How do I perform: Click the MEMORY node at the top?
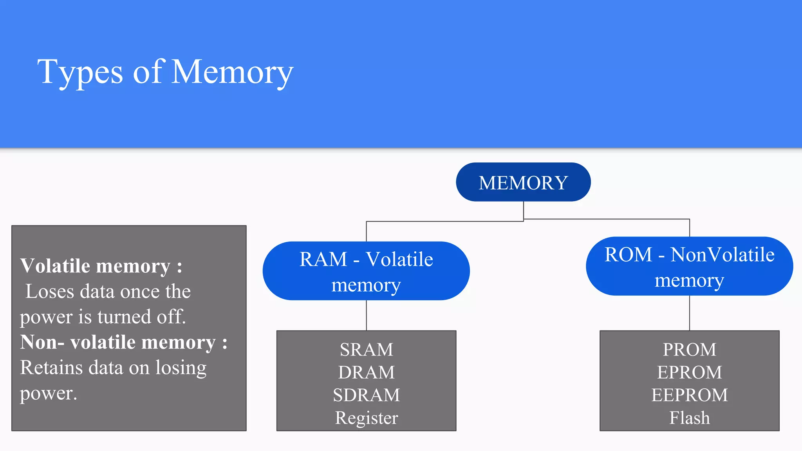[523, 182]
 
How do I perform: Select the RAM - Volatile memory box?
[366, 271]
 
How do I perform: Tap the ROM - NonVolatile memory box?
[689, 266]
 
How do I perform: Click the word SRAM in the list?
[366, 350]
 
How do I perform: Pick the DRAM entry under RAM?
[366, 372]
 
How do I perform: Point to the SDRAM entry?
[366, 395]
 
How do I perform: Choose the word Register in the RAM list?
[366, 418]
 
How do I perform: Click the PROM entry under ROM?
[689, 350]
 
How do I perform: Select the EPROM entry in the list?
[689, 372]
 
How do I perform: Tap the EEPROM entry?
[689, 395]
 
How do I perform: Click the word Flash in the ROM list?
[689, 418]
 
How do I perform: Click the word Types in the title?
[80, 73]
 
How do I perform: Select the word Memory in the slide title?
[232, 72]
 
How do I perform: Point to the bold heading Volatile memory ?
[101, 266]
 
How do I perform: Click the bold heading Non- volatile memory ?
[123, 342]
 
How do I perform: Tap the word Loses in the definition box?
[49, 292]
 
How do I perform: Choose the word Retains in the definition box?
[51, 368]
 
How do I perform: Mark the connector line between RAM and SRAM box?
[367, 316]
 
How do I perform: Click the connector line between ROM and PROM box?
[690, 313]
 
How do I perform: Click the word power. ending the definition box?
[49, 394]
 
